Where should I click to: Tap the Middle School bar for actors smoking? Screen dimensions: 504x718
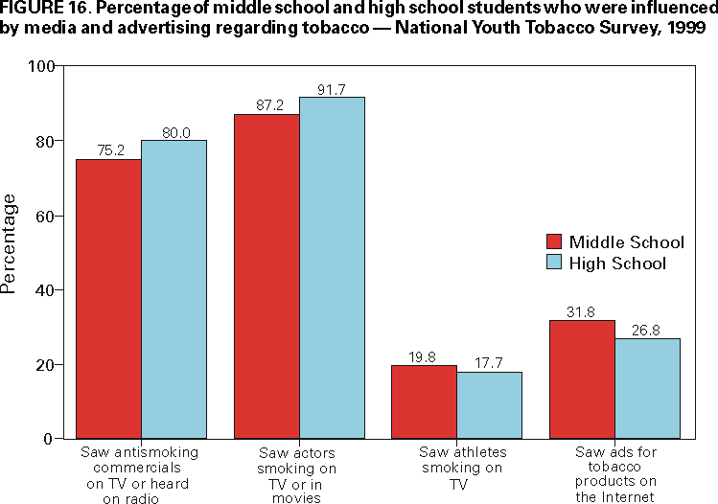[266, 276]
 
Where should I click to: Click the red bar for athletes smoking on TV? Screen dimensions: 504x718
[425, 401]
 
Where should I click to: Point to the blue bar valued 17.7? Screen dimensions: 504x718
[489, 405]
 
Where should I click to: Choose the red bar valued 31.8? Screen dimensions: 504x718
[582, 379]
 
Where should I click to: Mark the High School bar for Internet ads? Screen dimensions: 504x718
[647, 388]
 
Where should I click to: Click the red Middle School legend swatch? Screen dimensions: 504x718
[553, 241]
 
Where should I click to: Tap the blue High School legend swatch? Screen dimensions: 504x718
[553, 263]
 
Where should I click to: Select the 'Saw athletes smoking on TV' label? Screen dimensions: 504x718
[461, 469]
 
